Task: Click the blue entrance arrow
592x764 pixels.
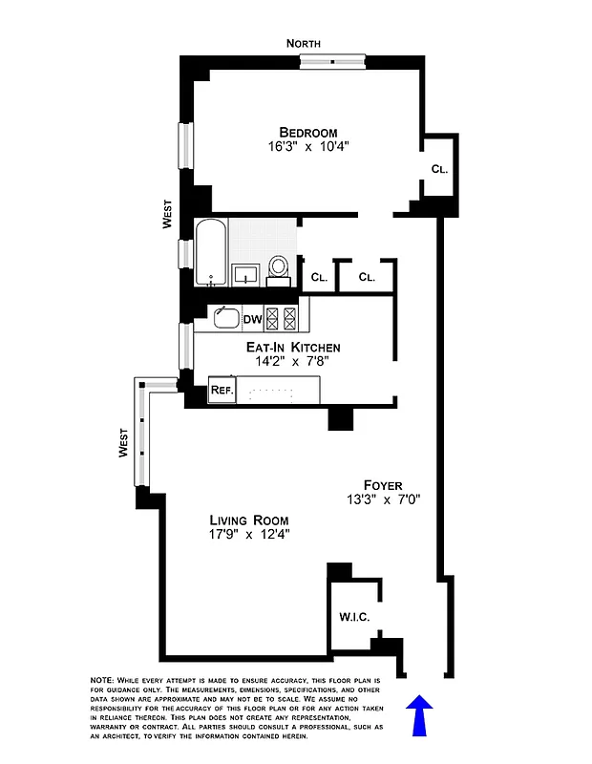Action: [420, 715]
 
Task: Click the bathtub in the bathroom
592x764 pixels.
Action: [211, 252]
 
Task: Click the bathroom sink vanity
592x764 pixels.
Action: [246, 274]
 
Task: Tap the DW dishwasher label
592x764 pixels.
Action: [252, 319]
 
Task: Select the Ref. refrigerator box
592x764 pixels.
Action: [222, 390]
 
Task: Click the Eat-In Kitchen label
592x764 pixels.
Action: [297, 347]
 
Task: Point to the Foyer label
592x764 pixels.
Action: [382, 484]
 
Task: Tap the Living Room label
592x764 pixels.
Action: [249, 520]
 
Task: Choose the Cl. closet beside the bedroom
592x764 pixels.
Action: [439, 169]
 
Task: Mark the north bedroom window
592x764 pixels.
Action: [331, 61]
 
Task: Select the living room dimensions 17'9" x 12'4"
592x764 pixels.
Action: [249, 535]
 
